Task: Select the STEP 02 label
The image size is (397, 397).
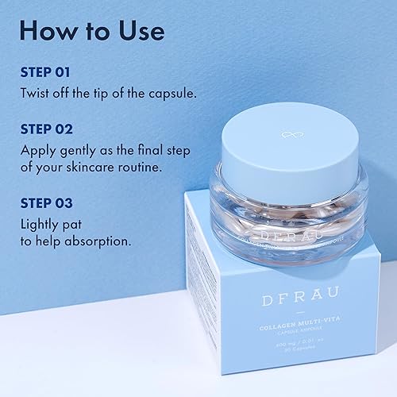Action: pyautogui.click(x=45, y=128)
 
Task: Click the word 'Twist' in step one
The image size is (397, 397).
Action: pyautogui.click(x=37, y=93)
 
